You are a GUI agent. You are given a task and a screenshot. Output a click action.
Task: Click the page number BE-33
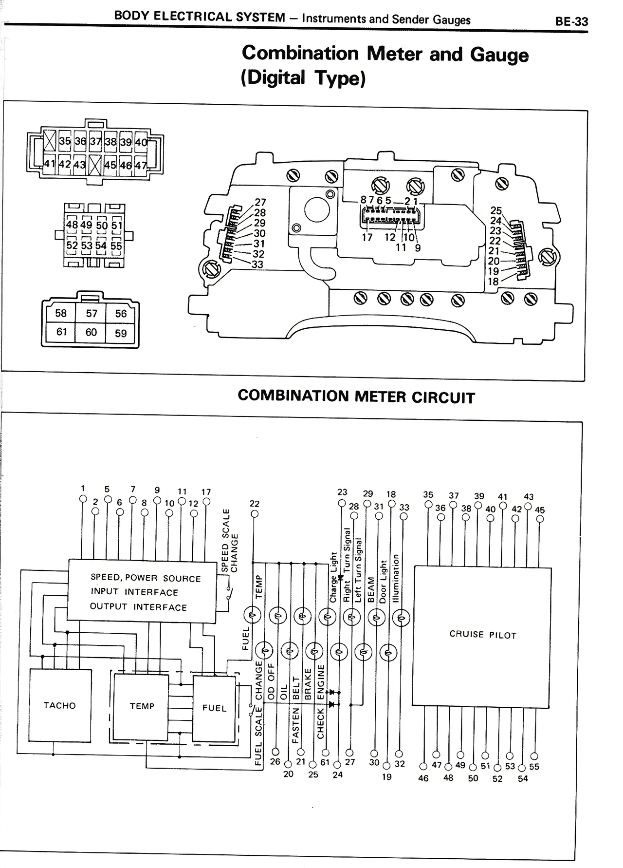(x=571, y=22)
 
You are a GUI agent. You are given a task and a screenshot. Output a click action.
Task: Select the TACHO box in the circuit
(x=60, y=705)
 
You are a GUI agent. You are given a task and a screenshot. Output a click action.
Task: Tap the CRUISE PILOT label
(x=482, y=635)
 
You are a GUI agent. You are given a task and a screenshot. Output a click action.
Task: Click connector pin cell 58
(x=61, y=313)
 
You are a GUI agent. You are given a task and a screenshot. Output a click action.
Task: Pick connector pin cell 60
(x=91, y=332)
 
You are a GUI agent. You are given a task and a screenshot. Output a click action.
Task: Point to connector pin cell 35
(x=65, y=142)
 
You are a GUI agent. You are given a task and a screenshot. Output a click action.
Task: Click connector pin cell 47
(x=140, y=165)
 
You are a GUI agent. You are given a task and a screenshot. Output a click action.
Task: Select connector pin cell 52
(x=72, y=245)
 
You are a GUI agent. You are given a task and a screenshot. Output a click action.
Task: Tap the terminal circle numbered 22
(x=255, y=514)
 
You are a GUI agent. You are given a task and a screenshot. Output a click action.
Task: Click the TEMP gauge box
(x=142, y=706)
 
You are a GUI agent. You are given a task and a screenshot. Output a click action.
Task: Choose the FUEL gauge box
(x=214, y=708)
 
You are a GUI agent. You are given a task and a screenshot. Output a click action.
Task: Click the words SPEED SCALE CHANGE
(x=230, y=541)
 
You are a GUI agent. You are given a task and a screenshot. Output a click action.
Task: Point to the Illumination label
(x=396, y=578)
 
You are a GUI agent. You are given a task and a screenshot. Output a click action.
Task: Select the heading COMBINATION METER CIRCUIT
(x=356, y=396)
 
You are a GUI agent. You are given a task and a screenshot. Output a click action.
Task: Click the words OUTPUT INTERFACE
(x=138, y=607)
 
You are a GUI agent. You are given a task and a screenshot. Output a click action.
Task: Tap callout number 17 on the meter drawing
(x=367, y=238)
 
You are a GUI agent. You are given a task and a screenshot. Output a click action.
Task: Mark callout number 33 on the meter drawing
(x=257, y=265)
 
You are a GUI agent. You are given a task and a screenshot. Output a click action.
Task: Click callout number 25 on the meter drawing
(x=495, y=210)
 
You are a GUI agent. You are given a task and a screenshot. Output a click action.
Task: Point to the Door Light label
(x=383, y=582)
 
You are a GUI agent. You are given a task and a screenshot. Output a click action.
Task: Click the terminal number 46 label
(x=423, y=778)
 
